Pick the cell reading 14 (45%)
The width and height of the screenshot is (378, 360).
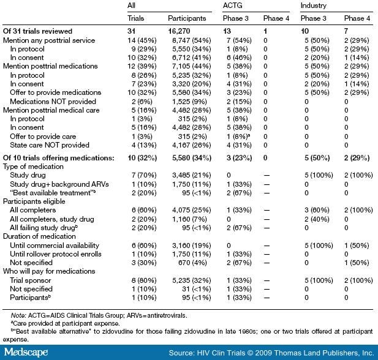pos(138,40)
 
